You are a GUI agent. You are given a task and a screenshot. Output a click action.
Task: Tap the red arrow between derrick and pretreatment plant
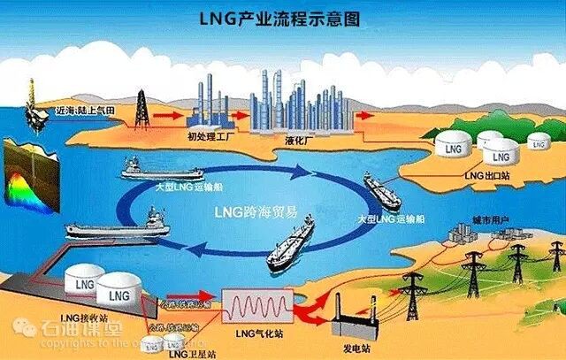(x=166, y=114)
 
